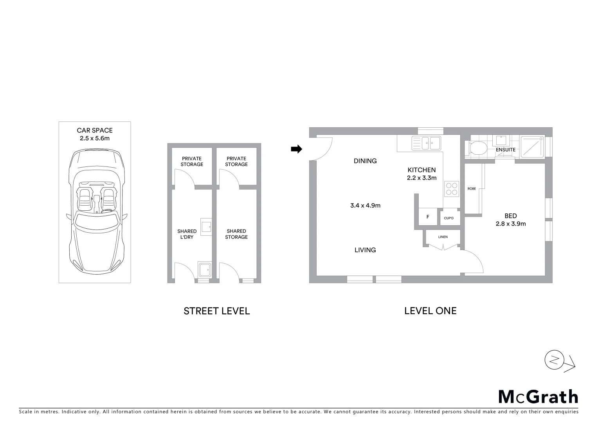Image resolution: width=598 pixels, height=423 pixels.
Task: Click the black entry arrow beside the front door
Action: (x=297, y=149)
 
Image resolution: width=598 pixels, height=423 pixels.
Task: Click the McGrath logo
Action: (x=538, y=397)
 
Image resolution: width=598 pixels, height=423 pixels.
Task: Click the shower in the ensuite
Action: (x=532, y=147)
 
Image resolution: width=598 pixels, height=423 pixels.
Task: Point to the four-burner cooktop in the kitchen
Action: (x=451, y=189)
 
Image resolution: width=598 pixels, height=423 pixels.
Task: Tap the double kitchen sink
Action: (x=426, y=143)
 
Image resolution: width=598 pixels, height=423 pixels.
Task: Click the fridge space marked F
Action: (x=428, y=217)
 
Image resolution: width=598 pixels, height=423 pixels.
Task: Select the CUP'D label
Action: (x=449, y=218)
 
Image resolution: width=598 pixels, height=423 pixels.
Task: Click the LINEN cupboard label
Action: (x=443, y=237)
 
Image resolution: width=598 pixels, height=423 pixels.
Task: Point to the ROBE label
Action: (x=472, y=189)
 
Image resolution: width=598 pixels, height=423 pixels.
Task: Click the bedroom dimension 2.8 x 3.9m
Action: (x=511, y=224)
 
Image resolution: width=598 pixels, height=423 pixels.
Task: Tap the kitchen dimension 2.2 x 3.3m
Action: (x=421, y=178)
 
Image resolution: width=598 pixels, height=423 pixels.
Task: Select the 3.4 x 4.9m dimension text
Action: (x=365, y=205)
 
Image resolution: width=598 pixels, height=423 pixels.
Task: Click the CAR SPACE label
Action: (x=95, y=130)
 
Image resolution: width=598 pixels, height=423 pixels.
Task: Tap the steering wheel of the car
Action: (x=106, y=211)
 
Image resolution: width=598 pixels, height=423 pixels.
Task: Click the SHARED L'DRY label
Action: (x=187, y=234)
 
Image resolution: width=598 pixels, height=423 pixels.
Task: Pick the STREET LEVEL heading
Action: (x=216, y=311)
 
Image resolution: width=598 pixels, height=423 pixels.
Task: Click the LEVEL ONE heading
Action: (x=430, y=311)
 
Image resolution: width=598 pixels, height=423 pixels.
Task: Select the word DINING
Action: (x=365, y=161)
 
